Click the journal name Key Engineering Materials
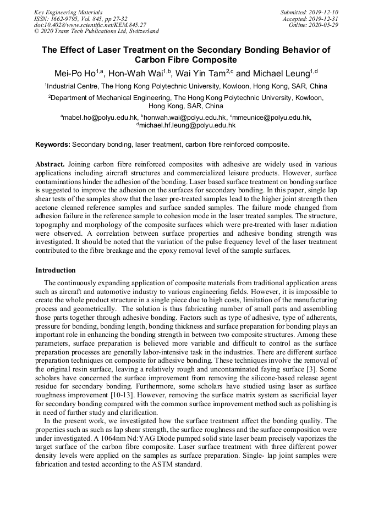click(x=68, y=12)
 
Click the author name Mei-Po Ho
click(x=76, y=74)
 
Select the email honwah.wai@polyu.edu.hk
click(x=185, y=118)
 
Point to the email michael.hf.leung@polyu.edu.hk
click(x=188, y=125)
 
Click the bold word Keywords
click(x=52, y=145)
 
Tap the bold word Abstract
click(x=50, y=164)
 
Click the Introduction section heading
click(x=56, y=270)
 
